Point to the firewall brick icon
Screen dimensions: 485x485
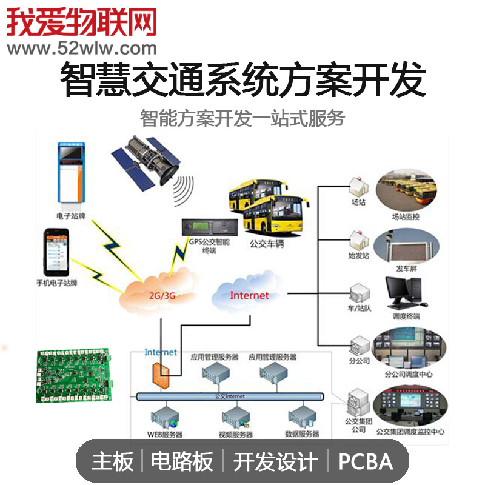(x=161, y=372)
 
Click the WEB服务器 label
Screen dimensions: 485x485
(x=164, y=434)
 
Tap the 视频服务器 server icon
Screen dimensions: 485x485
(x=235, y=416)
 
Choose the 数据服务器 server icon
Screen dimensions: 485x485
(x=301, y=416)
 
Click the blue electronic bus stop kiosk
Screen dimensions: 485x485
(x=72, y=173)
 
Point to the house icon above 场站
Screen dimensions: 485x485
(x=356, y=186)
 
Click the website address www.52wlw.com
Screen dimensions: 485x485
(x=82, y=48)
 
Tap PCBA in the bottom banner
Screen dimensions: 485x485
(x=365, y=462)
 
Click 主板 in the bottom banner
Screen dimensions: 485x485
(x=113, y=462)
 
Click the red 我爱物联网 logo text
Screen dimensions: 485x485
(x=82, y=21)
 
